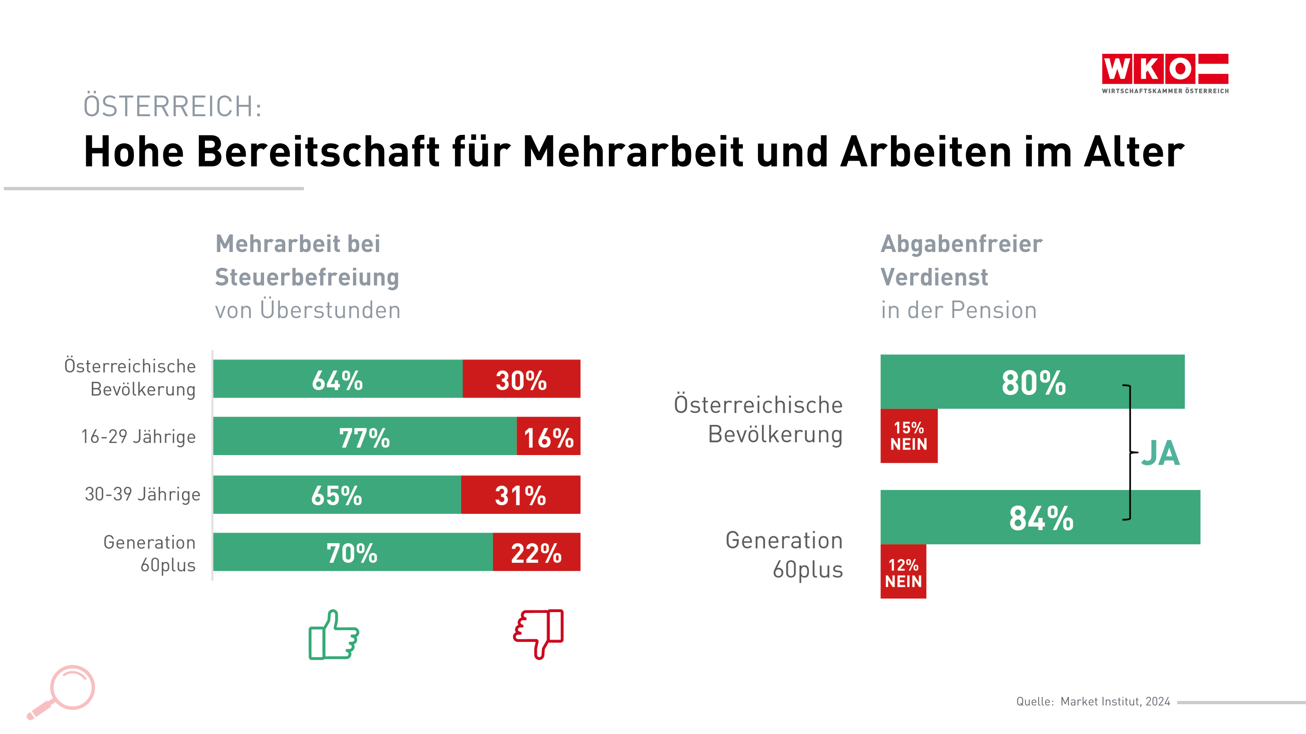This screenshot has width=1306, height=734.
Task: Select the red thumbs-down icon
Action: tap(538, 633)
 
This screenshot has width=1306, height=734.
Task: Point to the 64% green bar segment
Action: tap(338, 379)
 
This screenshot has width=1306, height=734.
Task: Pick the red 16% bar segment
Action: tap(549, 436)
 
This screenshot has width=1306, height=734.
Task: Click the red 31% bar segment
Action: tap(521, 495)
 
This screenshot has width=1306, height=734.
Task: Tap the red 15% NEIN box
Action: tap(908, 436)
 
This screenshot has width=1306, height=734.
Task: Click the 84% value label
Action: tap(1041, 518)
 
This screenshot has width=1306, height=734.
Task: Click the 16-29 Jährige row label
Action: tap(138, 437)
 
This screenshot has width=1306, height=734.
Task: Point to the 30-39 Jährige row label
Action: tap(142, 494)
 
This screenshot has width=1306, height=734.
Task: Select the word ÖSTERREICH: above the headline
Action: tap(172, 106)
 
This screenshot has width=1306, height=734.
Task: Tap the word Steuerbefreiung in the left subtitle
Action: tap(307, 277)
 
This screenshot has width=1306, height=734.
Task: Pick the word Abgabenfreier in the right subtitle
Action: tap(961, 244)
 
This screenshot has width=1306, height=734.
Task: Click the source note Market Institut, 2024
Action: tap(1115, 701)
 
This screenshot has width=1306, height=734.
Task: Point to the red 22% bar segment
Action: tap(536, 552)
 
